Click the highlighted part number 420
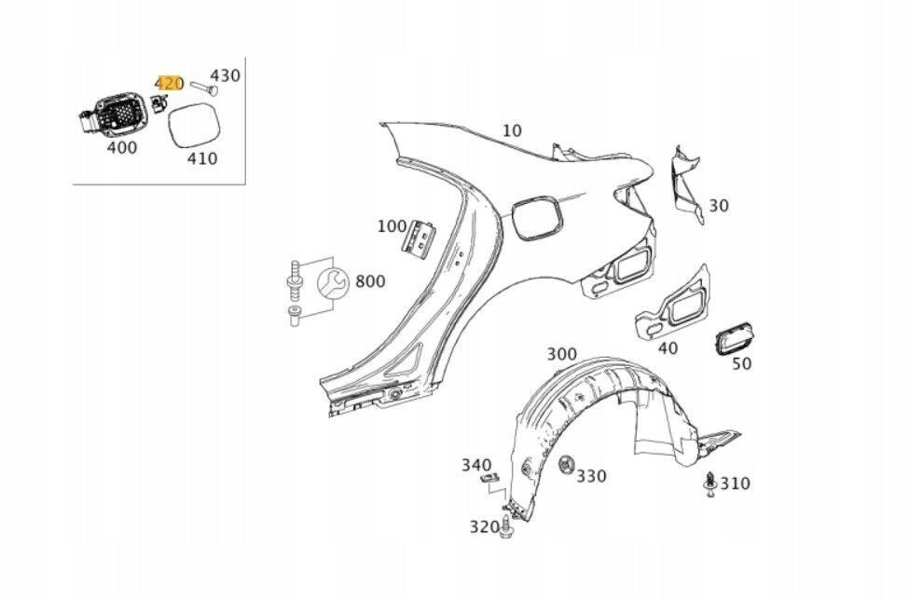pos(170,84)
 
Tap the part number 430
pos(225,75)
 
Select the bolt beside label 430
pos(202,88)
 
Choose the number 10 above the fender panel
pos(511,130)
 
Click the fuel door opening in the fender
pos(536,218)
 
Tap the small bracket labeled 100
pos(420,237)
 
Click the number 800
pos(370,281)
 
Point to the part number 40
pos(668,347)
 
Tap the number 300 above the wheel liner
pos(562,354)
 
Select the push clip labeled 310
pos(709,485)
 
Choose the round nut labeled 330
pos(565,465)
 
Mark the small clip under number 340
pos(489,479)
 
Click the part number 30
pos(719,206)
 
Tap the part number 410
pos(201,158)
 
